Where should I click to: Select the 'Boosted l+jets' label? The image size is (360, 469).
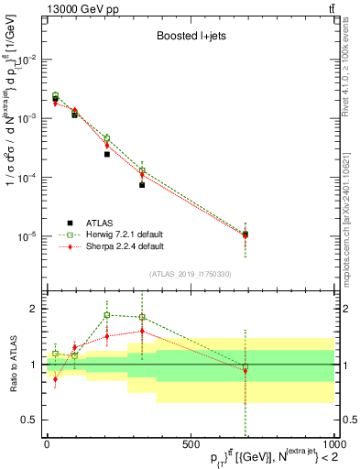[190, 37]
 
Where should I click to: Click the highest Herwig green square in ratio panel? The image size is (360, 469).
[107, 315]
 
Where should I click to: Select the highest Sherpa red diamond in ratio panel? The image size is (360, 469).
[142, 332]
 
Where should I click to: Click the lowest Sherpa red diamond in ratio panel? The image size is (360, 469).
[55, 379]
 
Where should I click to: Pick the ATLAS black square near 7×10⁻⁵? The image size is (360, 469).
[142, 185]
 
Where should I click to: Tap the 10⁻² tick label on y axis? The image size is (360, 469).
[28, 60]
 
